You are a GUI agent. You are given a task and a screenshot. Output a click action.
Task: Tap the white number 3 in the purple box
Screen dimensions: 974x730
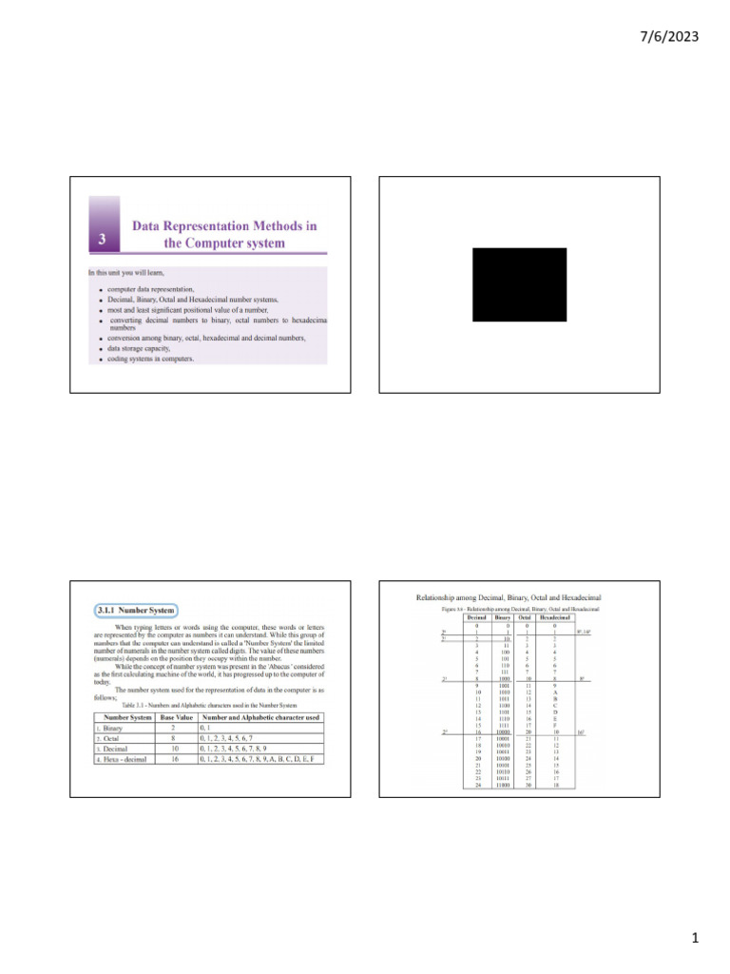[x=103, y=240]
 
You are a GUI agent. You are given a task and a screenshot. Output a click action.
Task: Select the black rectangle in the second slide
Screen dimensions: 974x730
[x=519, y=284]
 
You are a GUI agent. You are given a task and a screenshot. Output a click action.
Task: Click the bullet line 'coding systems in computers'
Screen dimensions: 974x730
[x=150, y=360]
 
